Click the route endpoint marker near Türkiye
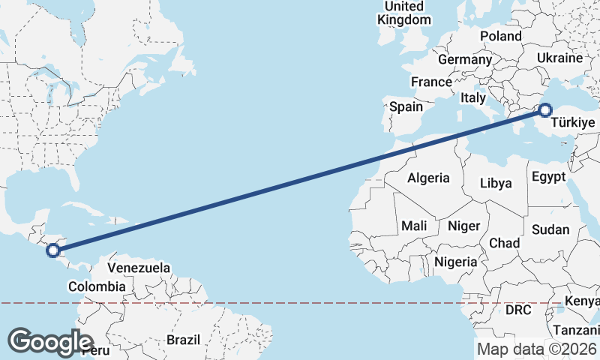point(544,111)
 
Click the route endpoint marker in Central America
point(52,250)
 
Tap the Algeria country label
point(428,178)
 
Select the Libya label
point(496,183)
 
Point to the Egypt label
point(547,177)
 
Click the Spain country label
point(406,106)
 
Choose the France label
point(431,82)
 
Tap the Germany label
point(465,59)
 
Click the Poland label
point(501,36)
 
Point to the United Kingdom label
point(404,13)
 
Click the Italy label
point(473,97)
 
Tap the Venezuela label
point(139,268)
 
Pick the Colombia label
point(97,286)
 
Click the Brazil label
point(184,340)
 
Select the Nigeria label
point(456,262)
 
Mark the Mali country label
point(414,226)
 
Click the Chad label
point(504,243)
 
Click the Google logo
point(50,342)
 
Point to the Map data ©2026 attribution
point(537,349)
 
